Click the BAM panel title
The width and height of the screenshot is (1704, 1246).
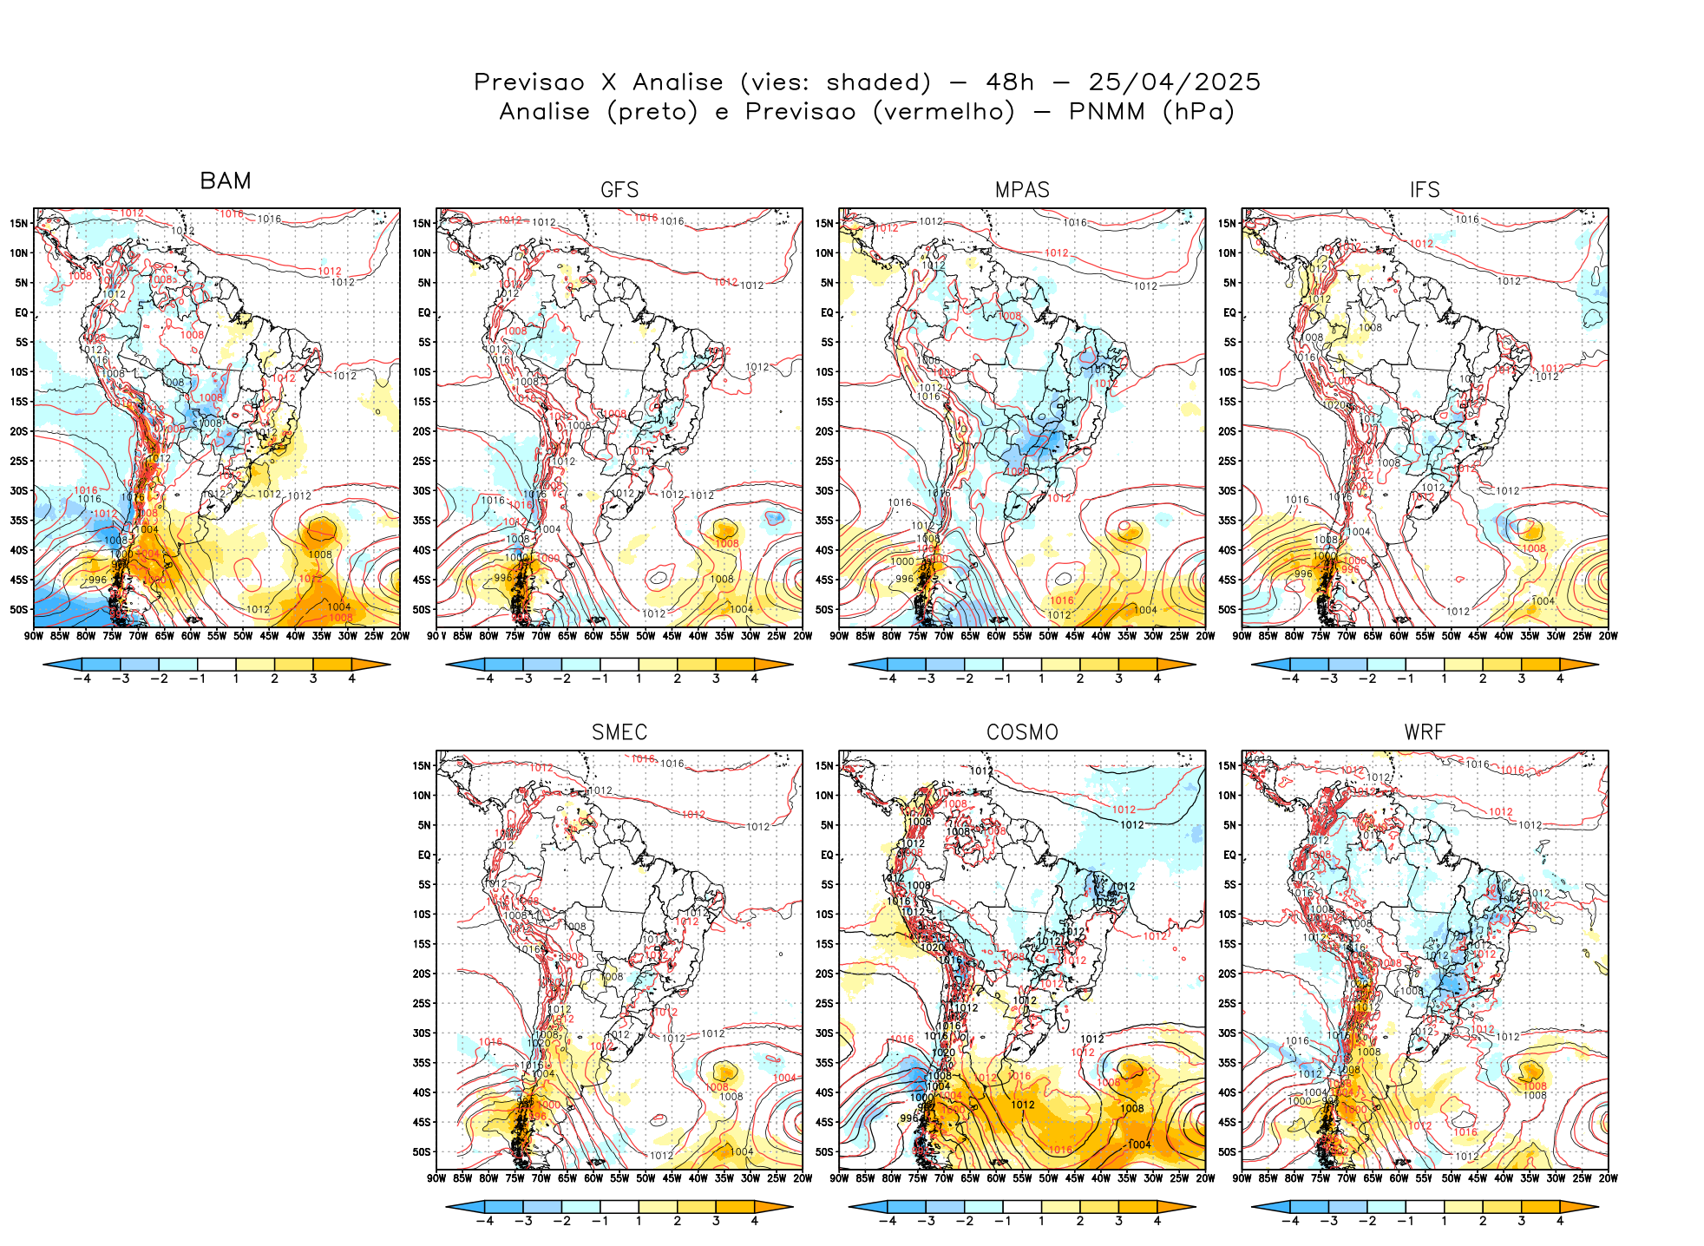[x=226, y=180]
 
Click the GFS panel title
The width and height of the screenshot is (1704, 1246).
[x=619, y=190]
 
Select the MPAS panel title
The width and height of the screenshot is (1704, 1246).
[x=1022, y=190]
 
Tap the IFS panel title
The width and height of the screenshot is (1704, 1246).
[x=1425, y=190]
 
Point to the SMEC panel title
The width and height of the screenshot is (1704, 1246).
[x=619, y=732]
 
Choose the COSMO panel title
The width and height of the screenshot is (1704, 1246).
[x=1022, y=732]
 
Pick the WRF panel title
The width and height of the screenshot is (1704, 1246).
[x=1425, y=732]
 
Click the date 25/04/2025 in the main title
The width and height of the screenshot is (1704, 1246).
[x=1174, y=82]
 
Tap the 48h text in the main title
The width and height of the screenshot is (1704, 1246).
[x=1010, y=82]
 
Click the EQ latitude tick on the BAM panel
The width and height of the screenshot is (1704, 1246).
[x=22, y=312]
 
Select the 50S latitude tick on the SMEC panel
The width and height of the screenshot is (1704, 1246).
[x=422, y=1152]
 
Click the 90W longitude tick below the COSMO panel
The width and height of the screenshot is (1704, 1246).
[x=839, y=1178]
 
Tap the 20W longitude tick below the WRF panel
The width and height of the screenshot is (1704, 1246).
[x=1609, y=1178]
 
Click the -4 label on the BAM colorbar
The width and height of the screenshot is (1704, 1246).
[x=82, y=679]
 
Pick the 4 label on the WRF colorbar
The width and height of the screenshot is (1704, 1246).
[x=1560, y=1221]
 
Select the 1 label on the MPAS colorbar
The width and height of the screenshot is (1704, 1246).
[x=1041, y=679]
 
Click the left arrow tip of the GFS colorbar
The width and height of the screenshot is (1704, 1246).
[x=447, y=666]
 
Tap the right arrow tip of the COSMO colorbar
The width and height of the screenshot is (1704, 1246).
[x=1195, y=1207]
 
